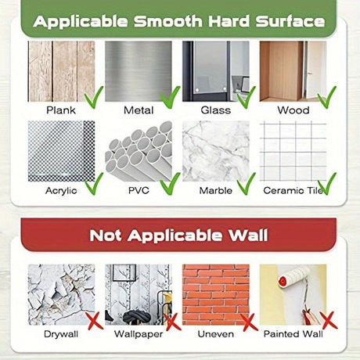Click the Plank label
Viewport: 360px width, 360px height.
(x=61, y=110)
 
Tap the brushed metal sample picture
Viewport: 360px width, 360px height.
(x=139, y=71)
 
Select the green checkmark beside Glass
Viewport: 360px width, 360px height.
(x=247, y=97)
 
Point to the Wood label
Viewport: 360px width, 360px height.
(x=293, y=110)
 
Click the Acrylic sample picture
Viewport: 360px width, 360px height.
(x=61, y=151)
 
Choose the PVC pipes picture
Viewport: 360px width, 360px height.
(x=139, y=151)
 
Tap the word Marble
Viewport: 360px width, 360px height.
(x=215, y=191)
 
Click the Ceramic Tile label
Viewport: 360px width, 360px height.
(x=293, y=191)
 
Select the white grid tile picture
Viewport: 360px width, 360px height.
(x=293, y=151)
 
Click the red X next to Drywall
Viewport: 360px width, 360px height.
(x=95, y=321)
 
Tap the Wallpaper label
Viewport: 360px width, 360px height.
(x=139, y=334)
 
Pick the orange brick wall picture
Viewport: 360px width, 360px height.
(x=216, y=294)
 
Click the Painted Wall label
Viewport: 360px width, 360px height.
(x=293, y=334)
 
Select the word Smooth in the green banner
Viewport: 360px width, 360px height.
(x=168, y=21)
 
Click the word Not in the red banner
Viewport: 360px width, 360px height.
(x=106, y=236)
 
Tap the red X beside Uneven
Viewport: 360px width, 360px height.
(x=249, y=322)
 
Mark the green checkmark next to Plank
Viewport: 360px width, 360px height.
(x=94, y=98)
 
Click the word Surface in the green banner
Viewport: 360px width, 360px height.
(x=290, y=21)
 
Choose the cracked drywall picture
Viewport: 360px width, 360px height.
(x=61, y=294)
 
